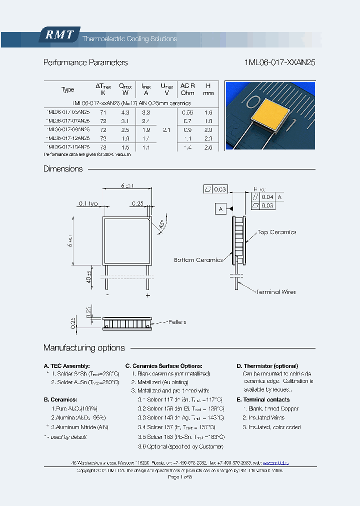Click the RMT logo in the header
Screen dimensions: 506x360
(59, 34)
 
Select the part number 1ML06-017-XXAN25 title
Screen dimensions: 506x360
(279, 62)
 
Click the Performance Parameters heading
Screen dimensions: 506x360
(85, 62)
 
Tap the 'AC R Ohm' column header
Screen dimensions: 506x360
(187, 89)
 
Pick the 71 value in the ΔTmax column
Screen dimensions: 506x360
(103, 113)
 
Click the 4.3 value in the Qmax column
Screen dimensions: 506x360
(125, 113)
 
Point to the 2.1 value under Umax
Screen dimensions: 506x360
(167, 130)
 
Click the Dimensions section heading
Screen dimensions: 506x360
(63, 169)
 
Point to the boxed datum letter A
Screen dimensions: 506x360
(220, 209)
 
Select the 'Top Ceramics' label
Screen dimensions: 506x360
(276, 232)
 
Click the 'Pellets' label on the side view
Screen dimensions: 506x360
(177, 322)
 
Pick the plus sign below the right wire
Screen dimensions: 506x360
(148, 295)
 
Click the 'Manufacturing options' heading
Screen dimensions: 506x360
(84, 348)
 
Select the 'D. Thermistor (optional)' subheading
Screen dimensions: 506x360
(267, 366)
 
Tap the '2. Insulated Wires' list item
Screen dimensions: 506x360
(263, 417)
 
